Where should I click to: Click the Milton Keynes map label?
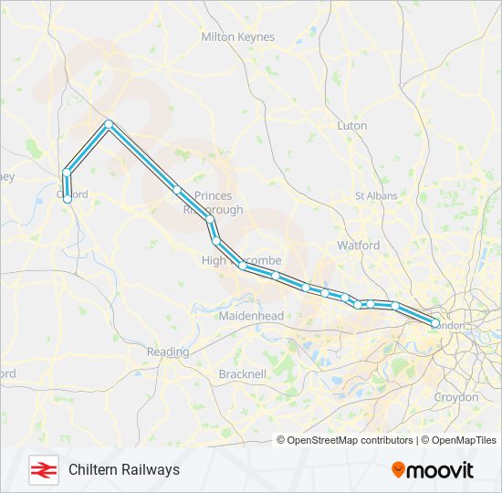click(236, 37)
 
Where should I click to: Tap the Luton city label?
click(352, 125)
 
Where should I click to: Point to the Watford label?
click(359, 246)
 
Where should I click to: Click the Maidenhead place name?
click(251, 316)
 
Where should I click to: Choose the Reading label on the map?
click(168, 351)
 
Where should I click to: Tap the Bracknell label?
click(243, 373)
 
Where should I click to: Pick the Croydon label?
click(455, 397)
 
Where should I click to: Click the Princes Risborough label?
click(213, 203)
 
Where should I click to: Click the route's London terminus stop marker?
click(435, 324)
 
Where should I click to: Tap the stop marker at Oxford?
click(68, 198)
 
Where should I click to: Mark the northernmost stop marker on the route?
click(109, 123)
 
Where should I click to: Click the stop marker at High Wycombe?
click(242, 266)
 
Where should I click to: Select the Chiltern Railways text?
click(124, 469)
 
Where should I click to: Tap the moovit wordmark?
click(441, 470)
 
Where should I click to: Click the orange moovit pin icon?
click(398, 470)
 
